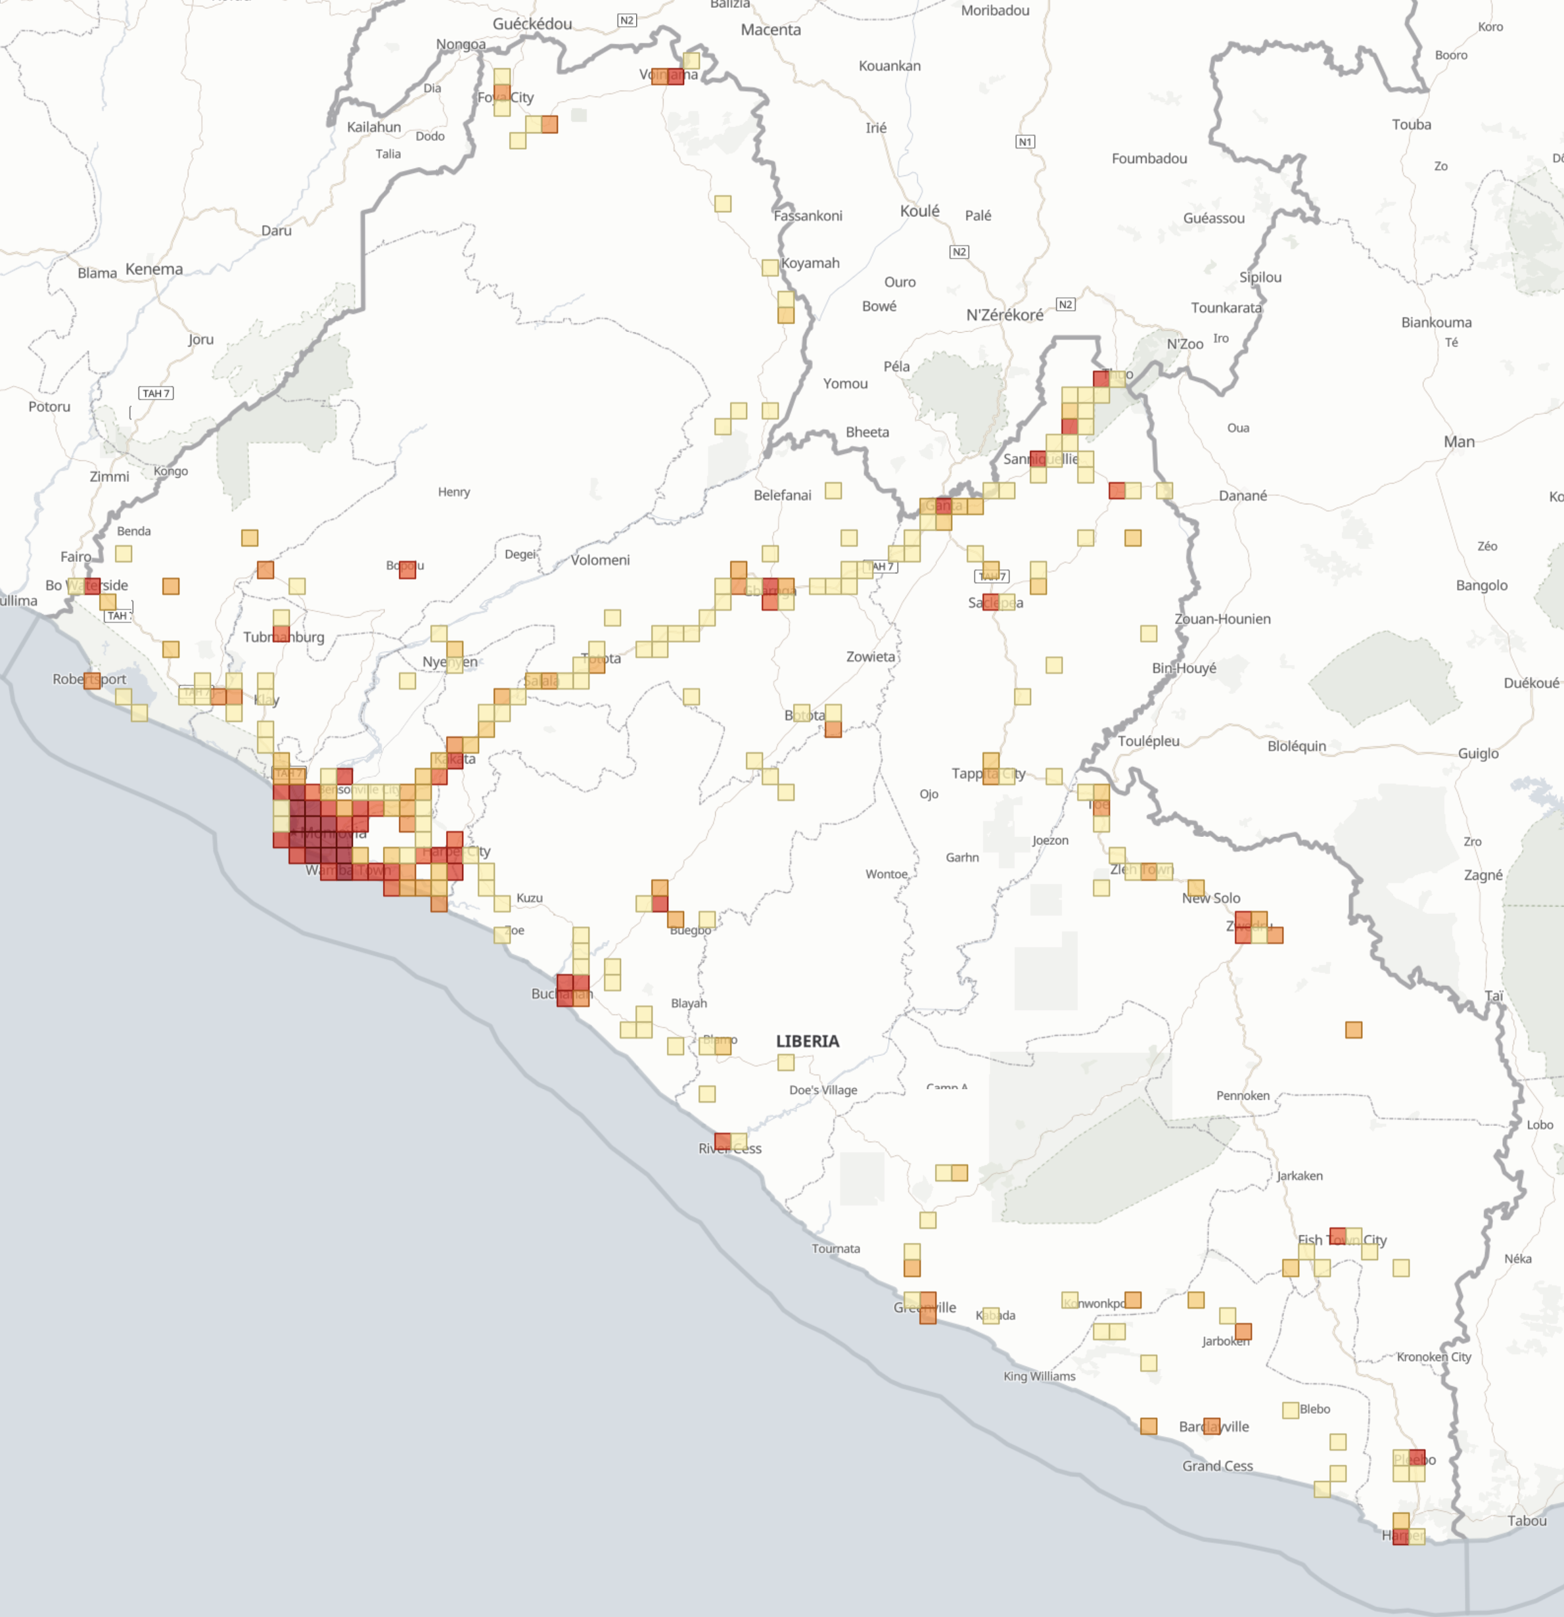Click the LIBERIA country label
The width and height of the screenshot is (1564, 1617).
coord(807,1041)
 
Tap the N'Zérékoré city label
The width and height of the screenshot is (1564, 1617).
coord(1004,314)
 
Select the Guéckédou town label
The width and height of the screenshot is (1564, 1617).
coord(532,24)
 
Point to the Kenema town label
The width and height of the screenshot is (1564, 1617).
coord(154,269)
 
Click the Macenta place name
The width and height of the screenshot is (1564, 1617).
coord(770,30)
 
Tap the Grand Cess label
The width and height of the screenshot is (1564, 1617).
coord(1217,1465)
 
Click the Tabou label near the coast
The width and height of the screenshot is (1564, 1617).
coord(1527,1520)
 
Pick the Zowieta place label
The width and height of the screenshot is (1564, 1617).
coord(870,657)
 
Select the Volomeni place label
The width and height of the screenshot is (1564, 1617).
coord(600,560)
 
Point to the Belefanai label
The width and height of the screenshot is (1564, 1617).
coord(782,495)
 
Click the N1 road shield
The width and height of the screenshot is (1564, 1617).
coord(1024,142)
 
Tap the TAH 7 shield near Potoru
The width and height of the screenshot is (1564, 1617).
coord(155,394)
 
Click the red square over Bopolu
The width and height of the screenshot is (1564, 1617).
coord(407,569)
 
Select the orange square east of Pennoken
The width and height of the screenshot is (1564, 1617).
coord(1353,1029)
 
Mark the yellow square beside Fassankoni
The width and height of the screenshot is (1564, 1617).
coord(723,204)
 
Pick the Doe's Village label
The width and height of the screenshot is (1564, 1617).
coord(823,1090)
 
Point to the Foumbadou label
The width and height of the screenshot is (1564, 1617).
coord(1149,158)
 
